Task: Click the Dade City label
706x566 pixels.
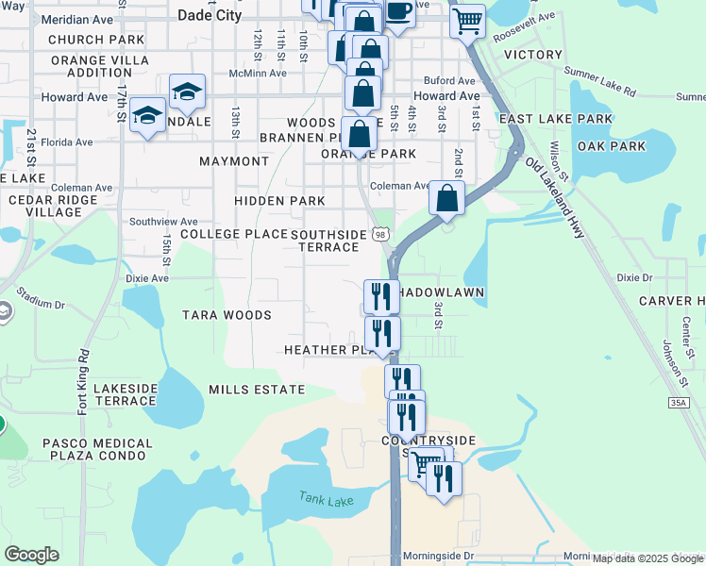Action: coord(210,16)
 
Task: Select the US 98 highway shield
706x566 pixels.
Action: coord(379,233)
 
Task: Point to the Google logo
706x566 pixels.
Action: coord(31,555)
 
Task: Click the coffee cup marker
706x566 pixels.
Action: coord(398,12)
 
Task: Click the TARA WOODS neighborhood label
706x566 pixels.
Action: coord(227,315)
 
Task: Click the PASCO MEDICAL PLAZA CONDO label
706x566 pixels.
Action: coord(97,449)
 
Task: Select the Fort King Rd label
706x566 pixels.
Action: coord(83,382)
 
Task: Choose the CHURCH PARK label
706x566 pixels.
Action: coord(96,40)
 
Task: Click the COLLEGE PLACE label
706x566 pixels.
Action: coord(234,234)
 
